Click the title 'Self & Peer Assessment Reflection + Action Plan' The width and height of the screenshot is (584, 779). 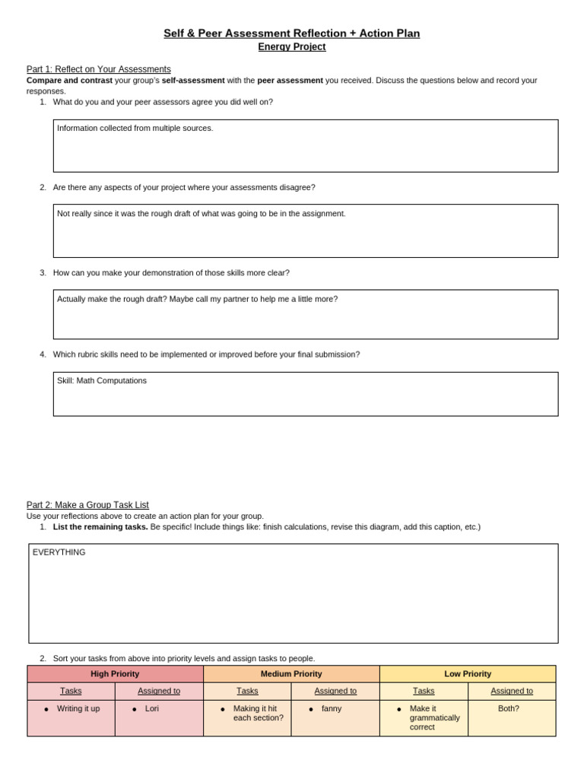pos(291,33)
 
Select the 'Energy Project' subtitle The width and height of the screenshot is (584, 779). pos(291,47)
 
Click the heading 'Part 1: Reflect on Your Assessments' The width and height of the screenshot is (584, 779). pos(99,69)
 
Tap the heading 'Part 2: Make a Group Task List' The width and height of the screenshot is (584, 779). pos(87,505)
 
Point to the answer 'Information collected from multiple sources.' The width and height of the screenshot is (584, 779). pos(135,129)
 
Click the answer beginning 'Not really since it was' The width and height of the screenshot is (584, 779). pos(202,214)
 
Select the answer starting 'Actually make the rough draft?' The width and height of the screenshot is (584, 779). pos(198,299)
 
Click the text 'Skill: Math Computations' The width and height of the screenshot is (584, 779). pos(102,380)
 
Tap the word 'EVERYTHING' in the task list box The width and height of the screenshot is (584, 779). pos(59,552)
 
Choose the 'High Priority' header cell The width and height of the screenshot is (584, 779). pos(115,674)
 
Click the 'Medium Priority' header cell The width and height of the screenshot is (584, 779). pos(291,674)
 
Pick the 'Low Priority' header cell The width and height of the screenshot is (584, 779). pos(468,674)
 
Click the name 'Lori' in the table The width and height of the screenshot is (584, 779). pos(152,708)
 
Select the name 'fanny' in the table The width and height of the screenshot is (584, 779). pos(332,708)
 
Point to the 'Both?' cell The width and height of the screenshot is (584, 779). pos(509,708)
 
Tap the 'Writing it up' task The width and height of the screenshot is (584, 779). pos(78,708)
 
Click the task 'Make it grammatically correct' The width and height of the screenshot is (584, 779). pos(434,717)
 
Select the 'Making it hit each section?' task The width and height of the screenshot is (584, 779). pos(258,713)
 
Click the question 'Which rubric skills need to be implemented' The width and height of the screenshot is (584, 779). pos(206,355)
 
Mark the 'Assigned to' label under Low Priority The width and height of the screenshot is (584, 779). pos(512,691)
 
